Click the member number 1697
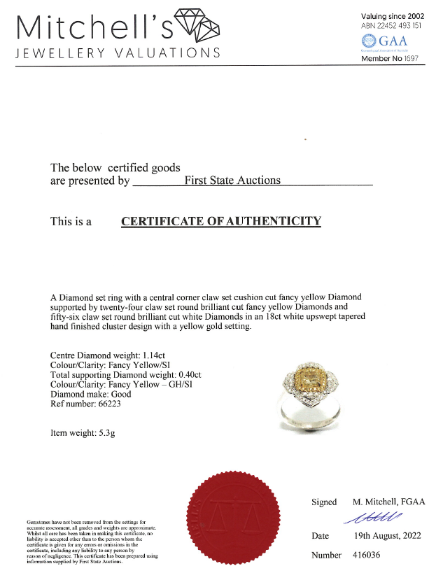pos(409,59)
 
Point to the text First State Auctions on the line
pos(232,181)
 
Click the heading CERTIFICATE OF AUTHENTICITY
pos(221,222)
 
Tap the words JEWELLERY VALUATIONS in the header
pos(118,54)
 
